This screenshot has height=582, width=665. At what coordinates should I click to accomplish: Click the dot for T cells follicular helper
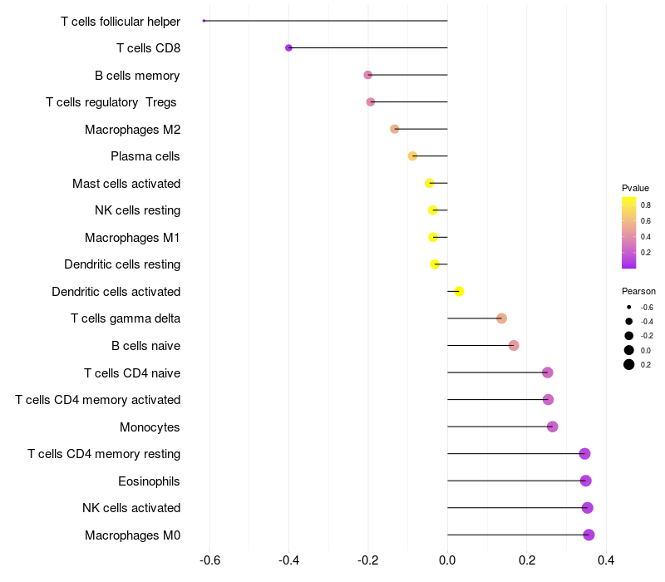tap(204, 21)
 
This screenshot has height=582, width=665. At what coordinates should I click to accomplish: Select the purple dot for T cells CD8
tap(288, 48)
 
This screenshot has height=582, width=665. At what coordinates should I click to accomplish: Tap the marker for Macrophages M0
tap(589, 535)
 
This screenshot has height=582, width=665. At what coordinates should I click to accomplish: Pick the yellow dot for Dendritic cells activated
tap(459, 291)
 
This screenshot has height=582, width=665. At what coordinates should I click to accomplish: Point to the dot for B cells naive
tap(514, 345)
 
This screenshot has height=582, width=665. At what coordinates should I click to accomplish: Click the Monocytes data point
tap(553, 427)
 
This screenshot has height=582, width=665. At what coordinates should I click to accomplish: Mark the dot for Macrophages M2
tap(395, 129)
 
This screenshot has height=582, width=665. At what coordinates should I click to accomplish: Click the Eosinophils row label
tap(149, 481)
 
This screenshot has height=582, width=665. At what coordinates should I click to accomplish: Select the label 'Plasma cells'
tap(145, 156)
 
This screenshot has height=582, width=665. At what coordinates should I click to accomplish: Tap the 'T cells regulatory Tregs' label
tap(113, 102)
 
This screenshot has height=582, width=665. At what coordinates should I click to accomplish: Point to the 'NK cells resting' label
tap(137, 210)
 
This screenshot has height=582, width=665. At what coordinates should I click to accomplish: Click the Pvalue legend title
tap(635, 188)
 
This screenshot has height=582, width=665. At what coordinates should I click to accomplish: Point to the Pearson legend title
tap(638, 292)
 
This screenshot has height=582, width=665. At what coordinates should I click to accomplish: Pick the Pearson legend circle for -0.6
tap(629, 308)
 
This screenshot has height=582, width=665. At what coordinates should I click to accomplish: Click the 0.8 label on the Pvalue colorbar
tap(646, 205)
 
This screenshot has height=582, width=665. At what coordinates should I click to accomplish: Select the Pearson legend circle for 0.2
tap(629, 364)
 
